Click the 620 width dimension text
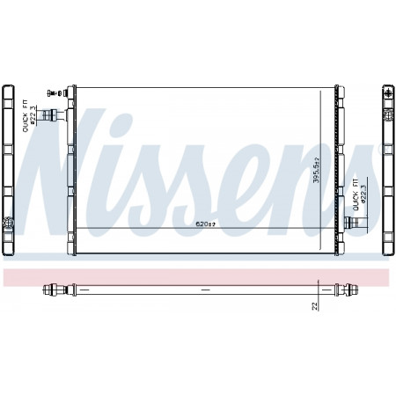pyautogui.click(x=205, y=225)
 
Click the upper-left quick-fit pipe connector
pyautogui.click(x=60, y=114)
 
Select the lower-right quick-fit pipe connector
pyautogui.click(x=355, y=224)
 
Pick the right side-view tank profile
pyautogui.click(x=386, y=167)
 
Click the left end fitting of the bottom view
pyautogui.click(x=55, y=289)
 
